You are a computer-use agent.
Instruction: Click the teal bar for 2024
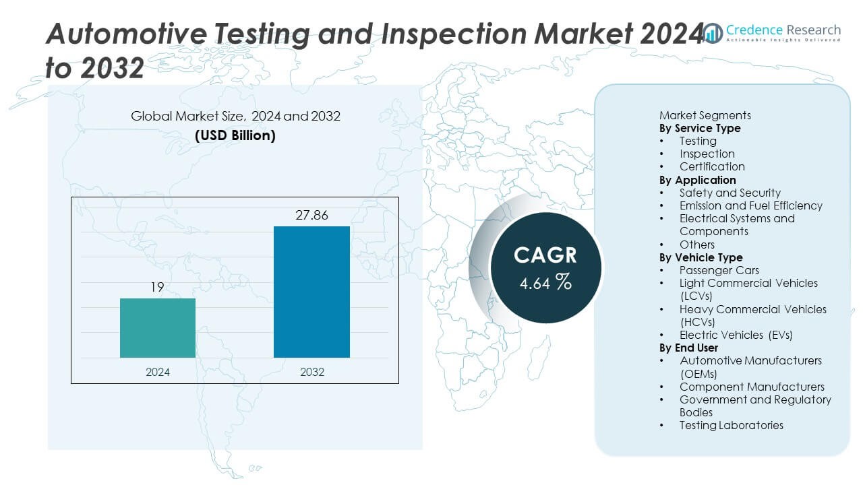click(158, 328)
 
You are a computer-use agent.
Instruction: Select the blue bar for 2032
click(311, 292)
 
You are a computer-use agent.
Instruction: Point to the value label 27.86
click(311, 216)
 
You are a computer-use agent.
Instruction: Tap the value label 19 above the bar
click(157, 288)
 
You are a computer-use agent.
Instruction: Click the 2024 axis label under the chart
click(158, 372)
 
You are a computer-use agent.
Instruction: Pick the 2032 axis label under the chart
click(311, 372)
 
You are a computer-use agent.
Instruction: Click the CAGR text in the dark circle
click(545, 255)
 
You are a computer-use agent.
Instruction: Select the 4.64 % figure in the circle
click(545, 282)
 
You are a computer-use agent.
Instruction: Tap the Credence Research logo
click(773, 32)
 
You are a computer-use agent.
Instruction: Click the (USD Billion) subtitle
click(235, 135)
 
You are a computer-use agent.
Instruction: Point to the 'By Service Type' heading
click(699, 128)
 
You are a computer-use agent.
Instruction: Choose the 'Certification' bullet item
click(711, 166)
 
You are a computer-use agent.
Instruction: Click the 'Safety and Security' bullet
click(730, 193)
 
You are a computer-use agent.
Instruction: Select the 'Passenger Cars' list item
click(719, 270)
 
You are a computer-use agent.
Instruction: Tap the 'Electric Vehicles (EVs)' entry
click(736, 335)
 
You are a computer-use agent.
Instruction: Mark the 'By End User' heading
click(688, 348)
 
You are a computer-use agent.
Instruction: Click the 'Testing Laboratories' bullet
click(731, 425)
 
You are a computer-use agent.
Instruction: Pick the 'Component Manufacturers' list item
click(751, 387)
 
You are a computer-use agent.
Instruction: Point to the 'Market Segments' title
click(705, 115)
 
